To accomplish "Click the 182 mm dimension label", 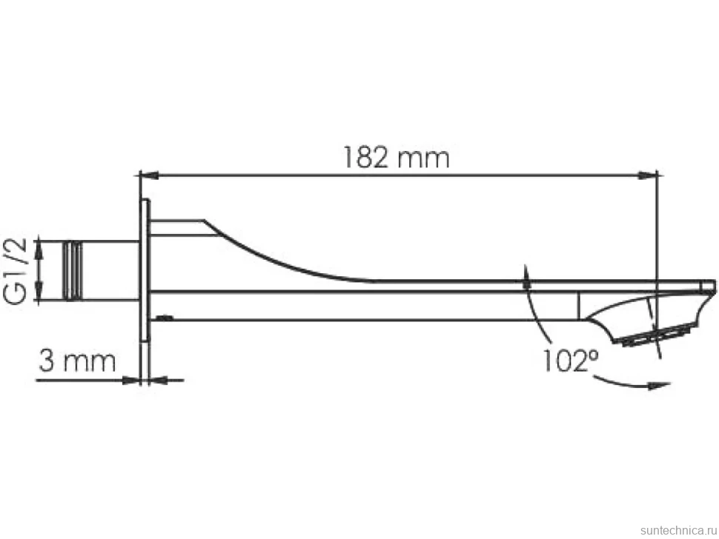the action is [397, 158].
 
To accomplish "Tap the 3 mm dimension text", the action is [77, 361].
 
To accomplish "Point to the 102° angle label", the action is [571, 361].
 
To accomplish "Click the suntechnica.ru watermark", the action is [678, 530].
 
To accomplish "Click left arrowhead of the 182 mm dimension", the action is [148, 175].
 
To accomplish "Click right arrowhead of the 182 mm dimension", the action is [649, 175].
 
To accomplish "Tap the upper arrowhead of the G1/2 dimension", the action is [39, 247].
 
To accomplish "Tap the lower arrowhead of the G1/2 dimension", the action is [39, 291].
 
